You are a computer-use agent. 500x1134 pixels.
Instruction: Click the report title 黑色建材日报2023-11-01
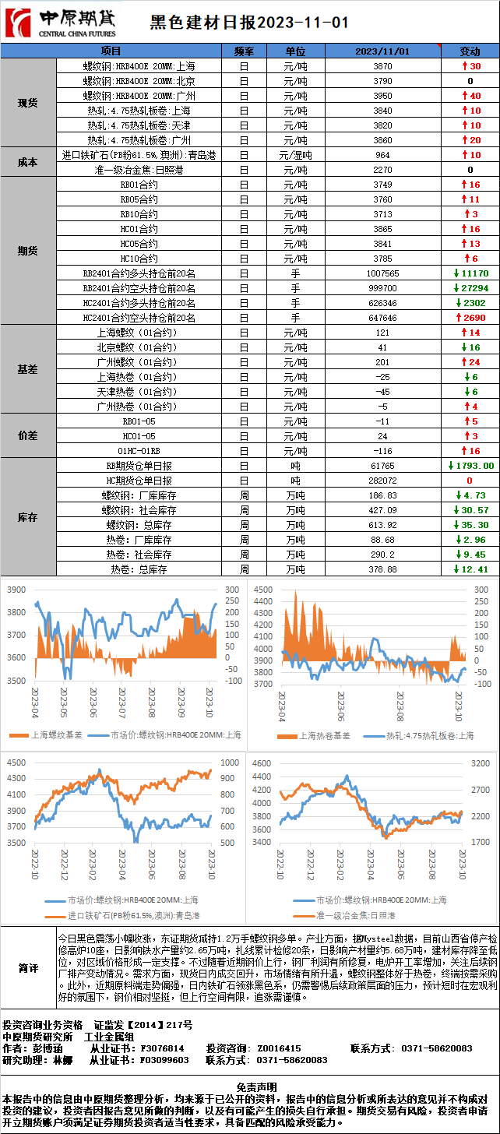tap(249, 23)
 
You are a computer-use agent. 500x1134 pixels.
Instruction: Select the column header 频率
tap(244, 51)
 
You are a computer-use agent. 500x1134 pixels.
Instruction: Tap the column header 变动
tap(470, 51)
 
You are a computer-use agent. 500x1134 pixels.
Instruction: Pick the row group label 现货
tap(28, 103)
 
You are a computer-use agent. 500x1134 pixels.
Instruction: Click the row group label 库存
tap(28, 517)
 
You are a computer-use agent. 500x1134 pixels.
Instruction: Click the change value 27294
tap(474, 288)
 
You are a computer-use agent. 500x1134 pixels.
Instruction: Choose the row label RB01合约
tap(139, 185)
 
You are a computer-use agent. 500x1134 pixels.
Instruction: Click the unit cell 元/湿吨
tap(295, 155)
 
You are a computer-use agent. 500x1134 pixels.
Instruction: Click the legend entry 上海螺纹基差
tap(51, 734)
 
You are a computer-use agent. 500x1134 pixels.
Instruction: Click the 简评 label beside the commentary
tap(29, 968)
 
